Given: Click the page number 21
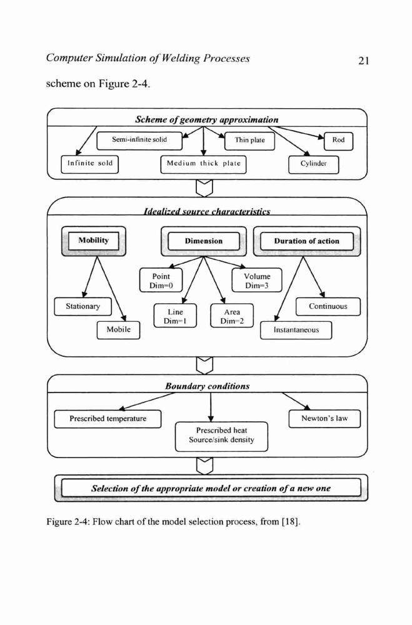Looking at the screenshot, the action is pyautogui.click(x=363, y=61).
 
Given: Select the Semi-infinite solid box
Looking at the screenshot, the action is pyautogui.click(x=139, y=140).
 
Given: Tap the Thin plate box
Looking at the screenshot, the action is pyautogui.click(x=249, y=141).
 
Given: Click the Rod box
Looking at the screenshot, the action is pyautogui.click(x=338, y=141).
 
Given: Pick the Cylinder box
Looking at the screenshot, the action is pyautogui.click(x=313, y=164).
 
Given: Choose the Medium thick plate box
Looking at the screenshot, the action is pyautogui.click(x=203, y=164).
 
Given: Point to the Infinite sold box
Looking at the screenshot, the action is pyautogui.click(x=90, y=164).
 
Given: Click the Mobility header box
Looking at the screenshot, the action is pyautogui.click(x=94, y=241).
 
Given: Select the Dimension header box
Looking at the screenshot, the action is pyautogui.click(x=204, y=241).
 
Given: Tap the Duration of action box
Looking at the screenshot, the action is pyautogui.click(x=307, y=241).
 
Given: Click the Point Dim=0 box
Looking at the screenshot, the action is pyautogui.click(x=161, y=280).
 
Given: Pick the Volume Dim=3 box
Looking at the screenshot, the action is pyautogui.click(x=257, y=280).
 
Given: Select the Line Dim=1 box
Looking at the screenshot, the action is pyautogui.click(x=175, y=316).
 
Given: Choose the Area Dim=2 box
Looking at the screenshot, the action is pyautogui.click(x=232, y=316).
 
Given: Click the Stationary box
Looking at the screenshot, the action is pyautogui.click(x=83, y=306).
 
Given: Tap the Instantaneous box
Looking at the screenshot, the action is pyautogui.click(x=296, y=330).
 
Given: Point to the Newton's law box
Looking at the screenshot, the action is pyautogui.click(x=324, y=419).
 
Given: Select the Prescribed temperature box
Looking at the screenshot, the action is pyautogui.click(x=108, y=419).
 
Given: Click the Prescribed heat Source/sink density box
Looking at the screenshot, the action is pyautogui.click(x=221, y=436).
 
